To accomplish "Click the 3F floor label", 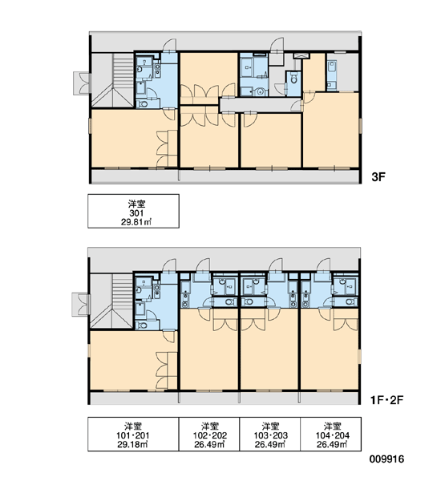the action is coord(378,177).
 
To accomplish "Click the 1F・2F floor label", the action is coord(386,400).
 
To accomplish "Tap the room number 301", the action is coord(136,213).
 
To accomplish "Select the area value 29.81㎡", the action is coord(136,222).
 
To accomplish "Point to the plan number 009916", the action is coord(386,459).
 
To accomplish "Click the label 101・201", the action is coord(133,435).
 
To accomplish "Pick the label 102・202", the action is coord(210,435).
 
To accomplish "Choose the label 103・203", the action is coord(271,435).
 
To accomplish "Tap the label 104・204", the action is coord(333,435).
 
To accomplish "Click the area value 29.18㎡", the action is coord(132,444).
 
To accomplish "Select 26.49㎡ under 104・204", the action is coord(332,444).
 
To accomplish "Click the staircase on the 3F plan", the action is coord(113,80).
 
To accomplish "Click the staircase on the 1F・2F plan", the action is coord(112,301).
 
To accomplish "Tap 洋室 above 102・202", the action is coord(210,426).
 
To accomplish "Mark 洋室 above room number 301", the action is coord(136,204).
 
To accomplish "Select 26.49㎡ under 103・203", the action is coord(270,444).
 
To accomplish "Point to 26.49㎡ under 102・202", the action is coord(209,444).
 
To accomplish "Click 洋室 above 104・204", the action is coord(333,426).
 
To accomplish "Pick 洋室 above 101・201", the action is coord(133,426).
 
